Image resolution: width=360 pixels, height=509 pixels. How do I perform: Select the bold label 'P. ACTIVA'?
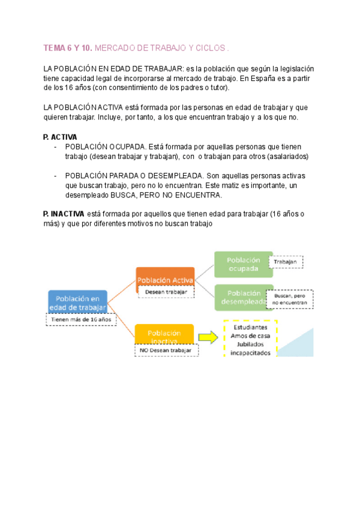click(60, 137)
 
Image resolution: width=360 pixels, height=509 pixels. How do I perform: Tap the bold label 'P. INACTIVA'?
click(64, 214)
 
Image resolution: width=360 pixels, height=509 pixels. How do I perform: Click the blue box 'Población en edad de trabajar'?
click(78, 303)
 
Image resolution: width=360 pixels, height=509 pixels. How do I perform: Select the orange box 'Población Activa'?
click(165, 280)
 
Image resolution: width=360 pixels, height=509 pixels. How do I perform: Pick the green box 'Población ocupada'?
click(243, 264)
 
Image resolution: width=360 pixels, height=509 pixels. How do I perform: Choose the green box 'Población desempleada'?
click(243, 298)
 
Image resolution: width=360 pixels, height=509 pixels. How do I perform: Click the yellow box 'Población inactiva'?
click(164, 335)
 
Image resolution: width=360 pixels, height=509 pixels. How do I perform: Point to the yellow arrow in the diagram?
click(207, 337)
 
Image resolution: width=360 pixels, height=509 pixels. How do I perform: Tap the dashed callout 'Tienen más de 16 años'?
click(81, 320)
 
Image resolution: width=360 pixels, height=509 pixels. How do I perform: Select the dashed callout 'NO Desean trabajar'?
click(165, 350)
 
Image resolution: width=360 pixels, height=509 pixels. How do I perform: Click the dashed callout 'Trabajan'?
click(286, 262)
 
